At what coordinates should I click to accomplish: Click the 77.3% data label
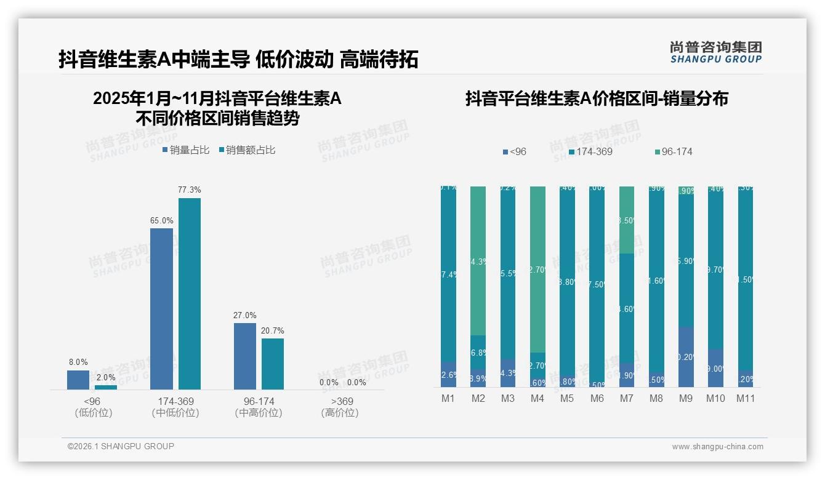(x=190, y=190)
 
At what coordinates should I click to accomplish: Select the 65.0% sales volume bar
(x=161, y=308)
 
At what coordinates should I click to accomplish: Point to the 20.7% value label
(x=273, y=330)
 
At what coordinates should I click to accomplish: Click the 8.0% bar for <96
(x=78, y=380)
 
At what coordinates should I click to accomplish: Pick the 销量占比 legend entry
(x=186, y=150)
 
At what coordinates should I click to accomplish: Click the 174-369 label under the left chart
(x=175, y=401)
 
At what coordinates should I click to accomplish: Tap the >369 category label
(x=340, y=401)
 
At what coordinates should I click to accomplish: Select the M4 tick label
(x=537, y=398)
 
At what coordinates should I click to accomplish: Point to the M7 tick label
(x=626, y=398)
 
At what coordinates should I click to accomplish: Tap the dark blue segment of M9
(x=686, y=357)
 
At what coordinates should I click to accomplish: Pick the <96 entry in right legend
(x=515, y=151)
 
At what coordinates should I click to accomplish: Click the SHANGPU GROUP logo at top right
(x=715, y=52)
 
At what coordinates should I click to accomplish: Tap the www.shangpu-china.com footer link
(x=717, y=447)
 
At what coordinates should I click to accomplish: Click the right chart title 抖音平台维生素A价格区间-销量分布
(x=597, y=98)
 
